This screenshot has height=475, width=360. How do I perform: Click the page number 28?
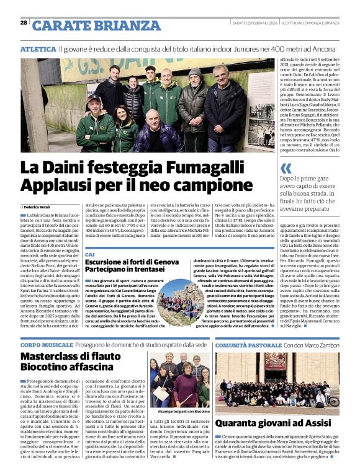pos(24,23)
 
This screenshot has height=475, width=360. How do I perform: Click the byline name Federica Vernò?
pos(38,206)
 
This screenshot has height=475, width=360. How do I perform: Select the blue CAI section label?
pos(90,255)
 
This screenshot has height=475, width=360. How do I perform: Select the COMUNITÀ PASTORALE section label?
pos(248,344)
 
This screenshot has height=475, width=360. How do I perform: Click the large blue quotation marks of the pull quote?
pos(286,168)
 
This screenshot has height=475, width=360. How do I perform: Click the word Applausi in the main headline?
pos(58,185)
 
